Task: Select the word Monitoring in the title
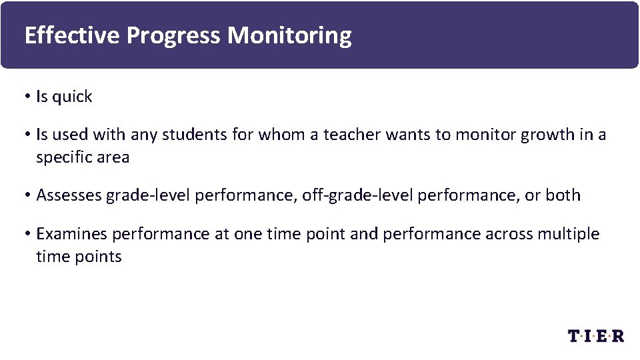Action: pyautogui.click(x=289, y=35)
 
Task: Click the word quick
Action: pyautogui.click(x=72, y=97)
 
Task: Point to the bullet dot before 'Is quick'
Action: pyautogui.click(x=28, y=97)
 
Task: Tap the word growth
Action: pyautogui.click(x=543, y=135)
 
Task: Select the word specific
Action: pyautogui.click(x=64, y=158)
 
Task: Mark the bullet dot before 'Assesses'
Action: pyautogui.click(x=28, y=196)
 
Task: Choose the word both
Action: pyautogui.click(x=563, y=196)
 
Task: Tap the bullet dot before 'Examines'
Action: pyautogui.click(x=28, y=235)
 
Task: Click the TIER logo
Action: pyautogui.click(x=595, y=335)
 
